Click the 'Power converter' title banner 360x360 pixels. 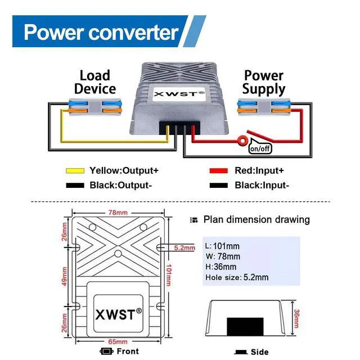click(x=101, y=31)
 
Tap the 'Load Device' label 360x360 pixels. click(x=94, y=82)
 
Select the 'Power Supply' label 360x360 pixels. click(x=264, y=82)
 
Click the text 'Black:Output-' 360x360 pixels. click(x=120, y=185)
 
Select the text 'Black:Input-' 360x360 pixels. click(x=262, y=185)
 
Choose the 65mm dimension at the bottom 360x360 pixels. click(x=118, y=341)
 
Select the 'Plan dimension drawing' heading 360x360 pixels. click(x=256, y=219)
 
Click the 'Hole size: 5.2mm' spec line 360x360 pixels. click(x=237, y=277)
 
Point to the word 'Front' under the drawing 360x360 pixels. click(x=128, y=352)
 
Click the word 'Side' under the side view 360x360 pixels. click(x=260, y=352)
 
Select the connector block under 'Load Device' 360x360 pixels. click(x=94, y=106)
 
